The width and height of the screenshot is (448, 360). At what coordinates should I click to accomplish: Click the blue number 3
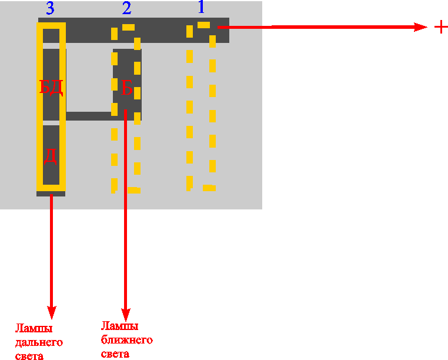[51, 8]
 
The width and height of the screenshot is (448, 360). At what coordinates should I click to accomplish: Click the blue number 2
[126, 8]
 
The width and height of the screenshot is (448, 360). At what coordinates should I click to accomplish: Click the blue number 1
[200, 8]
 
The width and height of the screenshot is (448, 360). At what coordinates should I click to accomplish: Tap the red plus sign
[440, 26]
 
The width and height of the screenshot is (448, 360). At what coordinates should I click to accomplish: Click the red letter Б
[127, 89]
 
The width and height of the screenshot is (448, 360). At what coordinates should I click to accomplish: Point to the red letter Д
[51, 156]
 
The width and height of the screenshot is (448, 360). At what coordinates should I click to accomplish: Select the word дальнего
[39, 342]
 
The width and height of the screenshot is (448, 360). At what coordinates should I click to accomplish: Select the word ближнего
[126, 340]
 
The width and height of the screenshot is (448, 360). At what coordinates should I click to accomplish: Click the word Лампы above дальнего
[34, 328]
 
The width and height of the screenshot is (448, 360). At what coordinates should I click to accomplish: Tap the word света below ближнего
[115, 354]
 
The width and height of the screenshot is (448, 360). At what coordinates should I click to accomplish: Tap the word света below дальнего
[29, 355]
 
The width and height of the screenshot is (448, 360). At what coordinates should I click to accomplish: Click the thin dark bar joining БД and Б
[88, 116]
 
